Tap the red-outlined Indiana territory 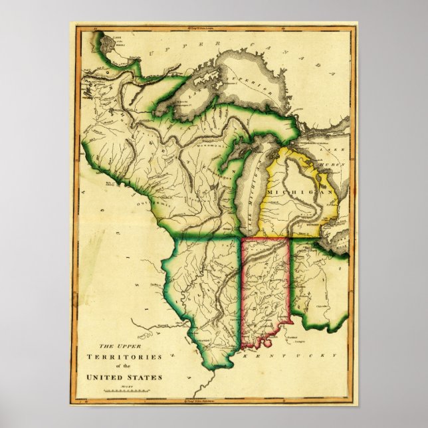coord(264,286)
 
